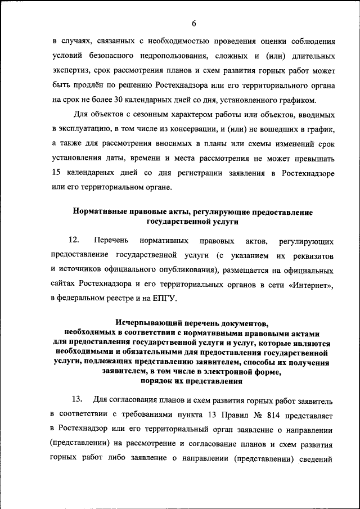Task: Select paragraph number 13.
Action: coord(77,400)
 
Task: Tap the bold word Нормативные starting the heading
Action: coord(99,212)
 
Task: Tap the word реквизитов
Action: coord(313,255)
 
